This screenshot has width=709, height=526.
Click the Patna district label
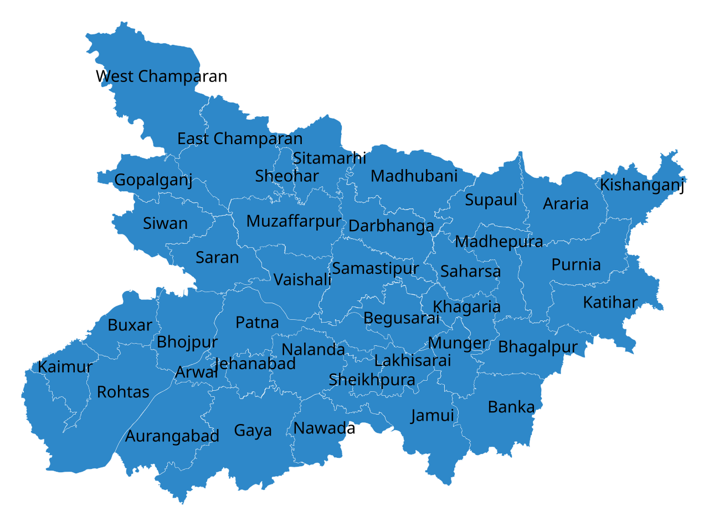[x=257, y=322]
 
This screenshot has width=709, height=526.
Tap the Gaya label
[x=253, y=431]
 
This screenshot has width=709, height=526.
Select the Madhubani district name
[x=414, y=176]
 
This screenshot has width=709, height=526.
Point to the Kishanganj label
[x=640, y=185]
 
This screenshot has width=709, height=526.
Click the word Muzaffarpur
[x=294, y=221]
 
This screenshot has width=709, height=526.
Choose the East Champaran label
[x=240, y=139]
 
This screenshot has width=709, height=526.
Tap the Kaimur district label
[x=65, y=367]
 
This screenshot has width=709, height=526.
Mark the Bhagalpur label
[x=537, y=347]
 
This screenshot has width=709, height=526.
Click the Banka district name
[x=511, y=407]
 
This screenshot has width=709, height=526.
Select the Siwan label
[x=165, y=223]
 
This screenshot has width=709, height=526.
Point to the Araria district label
[x=566, y=203]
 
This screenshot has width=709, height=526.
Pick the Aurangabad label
[x=172, y=436]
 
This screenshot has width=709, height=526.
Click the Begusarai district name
[x=401, y=318]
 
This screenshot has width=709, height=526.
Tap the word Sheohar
[x=287, y=176]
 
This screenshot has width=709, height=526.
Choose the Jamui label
[x=432, y=415]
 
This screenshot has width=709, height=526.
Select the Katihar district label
[x=610, y=303]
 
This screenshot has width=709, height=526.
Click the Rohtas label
[x=123, y=392]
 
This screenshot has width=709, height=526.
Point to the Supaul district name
[x=491, y=200]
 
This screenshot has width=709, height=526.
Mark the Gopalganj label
[x=153, y=180]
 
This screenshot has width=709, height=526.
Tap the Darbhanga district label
[x=391, y=226]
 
